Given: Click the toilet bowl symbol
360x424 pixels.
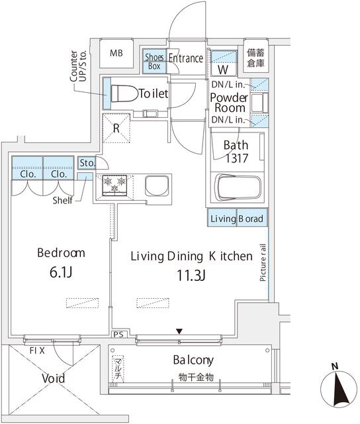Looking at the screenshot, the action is [124, 93].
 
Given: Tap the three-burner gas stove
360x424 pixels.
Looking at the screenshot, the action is [114, 185].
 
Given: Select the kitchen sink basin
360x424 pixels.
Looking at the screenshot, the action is [157, 186].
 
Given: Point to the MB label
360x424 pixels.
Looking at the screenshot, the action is [116, 53].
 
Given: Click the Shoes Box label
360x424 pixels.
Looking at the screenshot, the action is [154, 62].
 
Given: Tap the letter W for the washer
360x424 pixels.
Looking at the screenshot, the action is [223, 70].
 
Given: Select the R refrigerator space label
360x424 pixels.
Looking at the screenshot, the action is [116, 128].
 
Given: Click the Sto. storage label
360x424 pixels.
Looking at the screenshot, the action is [87, 163].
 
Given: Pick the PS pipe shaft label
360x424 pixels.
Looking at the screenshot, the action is [118, 335].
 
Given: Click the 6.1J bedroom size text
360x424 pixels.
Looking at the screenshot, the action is [61, 272].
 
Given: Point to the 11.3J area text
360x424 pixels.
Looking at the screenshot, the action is [191, 276].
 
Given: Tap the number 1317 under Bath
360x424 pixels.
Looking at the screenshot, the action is [236, 158].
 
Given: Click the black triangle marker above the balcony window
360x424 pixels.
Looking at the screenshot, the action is [179, 331].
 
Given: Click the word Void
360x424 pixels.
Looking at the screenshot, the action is [53, 378].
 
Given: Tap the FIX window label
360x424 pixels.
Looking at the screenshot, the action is [37, 350].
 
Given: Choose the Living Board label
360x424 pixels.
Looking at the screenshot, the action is [237, 219].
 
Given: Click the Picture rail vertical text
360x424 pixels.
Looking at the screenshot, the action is [263, 262].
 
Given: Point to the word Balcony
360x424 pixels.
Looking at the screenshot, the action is [193, 360].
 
